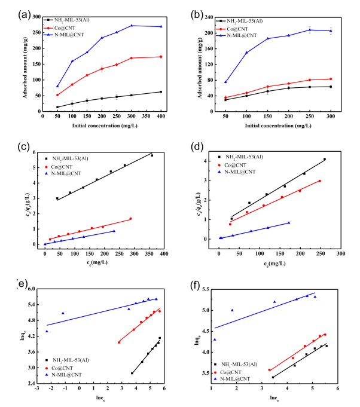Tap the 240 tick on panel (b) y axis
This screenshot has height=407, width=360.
click(x=211, y=18)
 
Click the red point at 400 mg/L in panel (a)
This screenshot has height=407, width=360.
click(x=161, y=57)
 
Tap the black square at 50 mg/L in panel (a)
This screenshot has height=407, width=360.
click(x=57, y=107)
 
